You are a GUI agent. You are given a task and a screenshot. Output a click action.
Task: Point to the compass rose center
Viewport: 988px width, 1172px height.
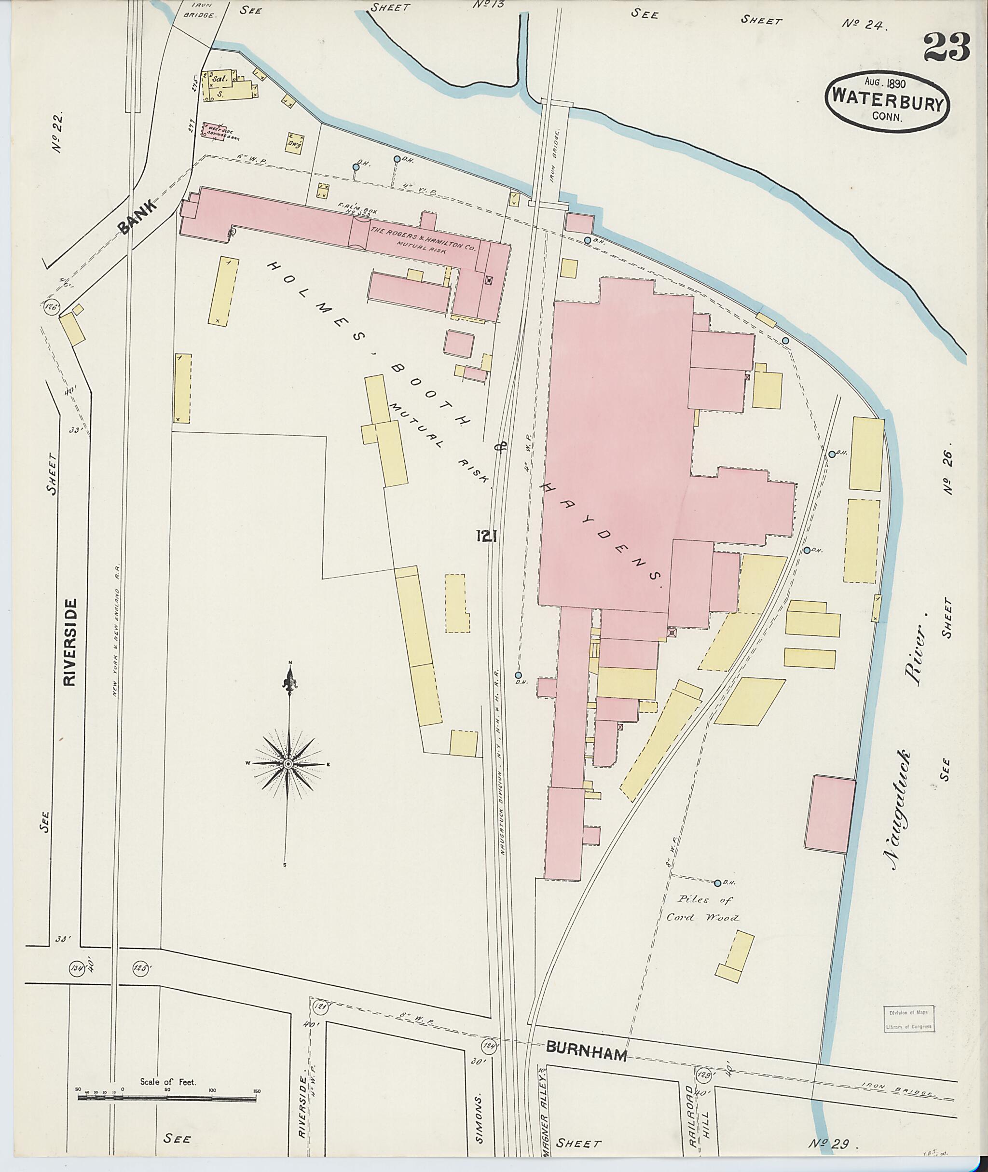click(x=288, y=764)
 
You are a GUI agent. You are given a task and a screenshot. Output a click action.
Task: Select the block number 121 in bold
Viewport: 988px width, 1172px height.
click(x=486, y=537)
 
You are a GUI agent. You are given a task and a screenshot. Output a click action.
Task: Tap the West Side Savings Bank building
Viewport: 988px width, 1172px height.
click(x=217, y=131)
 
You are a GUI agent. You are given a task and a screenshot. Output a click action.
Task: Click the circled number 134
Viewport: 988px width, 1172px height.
click(x=77, y=967)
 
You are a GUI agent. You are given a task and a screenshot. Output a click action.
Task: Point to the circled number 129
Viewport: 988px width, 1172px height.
click(x=705, y=1075)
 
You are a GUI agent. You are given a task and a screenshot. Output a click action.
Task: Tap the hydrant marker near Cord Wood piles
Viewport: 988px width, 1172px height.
click(x=717, y=883)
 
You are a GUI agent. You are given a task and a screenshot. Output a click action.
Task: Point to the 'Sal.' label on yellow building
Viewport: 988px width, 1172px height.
click(x=220, y=79)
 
